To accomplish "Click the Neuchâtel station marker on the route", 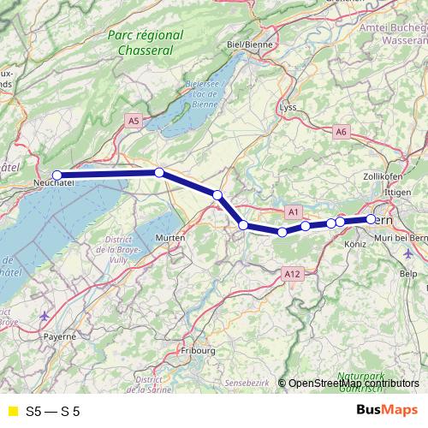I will pyautogui.click(x=57, y=175).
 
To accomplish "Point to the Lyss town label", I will pyautogui.click(x=288, y=108).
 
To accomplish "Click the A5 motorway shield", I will pyautogui.click(x=133, y=122).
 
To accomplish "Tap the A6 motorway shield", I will pyautogui.click(x=342, y=131).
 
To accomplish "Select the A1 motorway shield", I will pyautogui.click(x=293, y=211).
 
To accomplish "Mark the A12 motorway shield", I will pyautogui.click(x=292, y=273).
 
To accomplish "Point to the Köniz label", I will pyautogui.click(x=354, y=243).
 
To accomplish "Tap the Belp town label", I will pyautogui.click(x=407, y=274).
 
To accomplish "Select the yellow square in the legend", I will pyautogui.click(x=12, y=411).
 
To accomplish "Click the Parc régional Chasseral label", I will pyautogui.click(x=146, y=43).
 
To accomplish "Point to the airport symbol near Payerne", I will pyautogui.click(x=45, y=316).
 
